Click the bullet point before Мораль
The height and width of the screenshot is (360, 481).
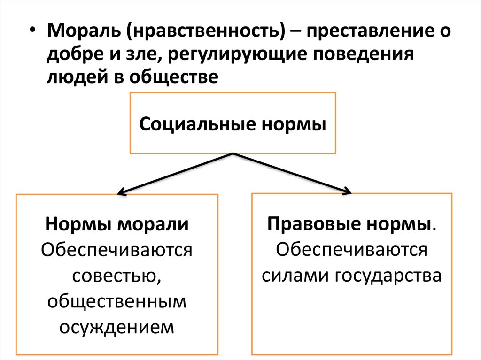(31, 32)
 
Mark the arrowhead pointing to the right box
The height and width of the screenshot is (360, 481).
(348, 191)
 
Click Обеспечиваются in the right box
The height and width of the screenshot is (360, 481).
(352, 249)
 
